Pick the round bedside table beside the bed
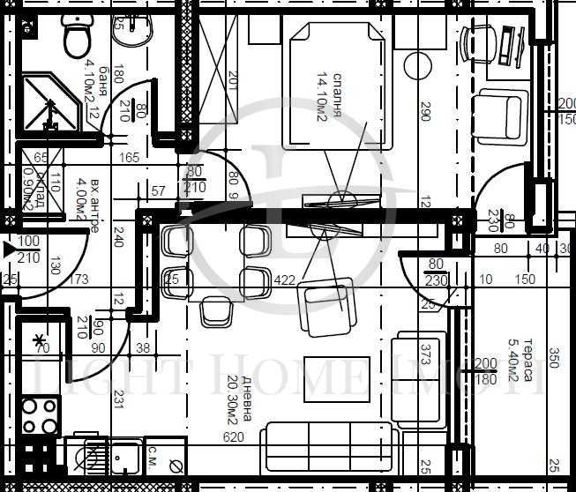417,64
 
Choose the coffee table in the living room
335,376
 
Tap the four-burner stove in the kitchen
39,416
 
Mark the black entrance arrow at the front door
8,250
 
